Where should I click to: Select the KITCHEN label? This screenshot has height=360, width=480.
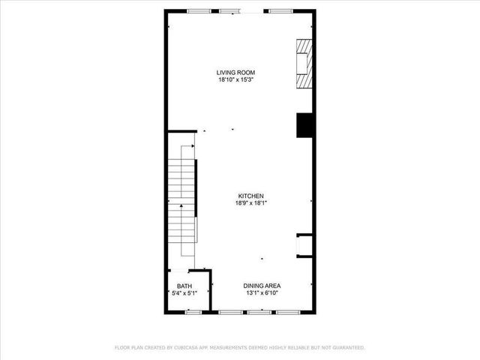click(x=250, y=195)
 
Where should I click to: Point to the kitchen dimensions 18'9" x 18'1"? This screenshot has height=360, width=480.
click(x=250, y=202)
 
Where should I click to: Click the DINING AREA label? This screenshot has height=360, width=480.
click(x=261, y=286)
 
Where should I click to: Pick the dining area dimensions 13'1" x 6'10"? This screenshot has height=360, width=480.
click(x=261, y=293)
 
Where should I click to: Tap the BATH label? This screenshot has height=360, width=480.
click(x=184, y=286)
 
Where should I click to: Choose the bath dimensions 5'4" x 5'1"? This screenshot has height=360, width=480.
click(x=184, y=293)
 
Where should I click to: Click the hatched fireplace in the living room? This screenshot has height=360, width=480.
click(x=301, y=64)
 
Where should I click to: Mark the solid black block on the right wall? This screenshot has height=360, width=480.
click(x=304, y=124)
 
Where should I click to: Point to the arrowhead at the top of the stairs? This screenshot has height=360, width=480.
click(x=192, y=147)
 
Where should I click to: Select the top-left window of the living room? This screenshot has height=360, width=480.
click(x=199, y=10)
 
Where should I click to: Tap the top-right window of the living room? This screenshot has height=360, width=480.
click(x=280, y=10)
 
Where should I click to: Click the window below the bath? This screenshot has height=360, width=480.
click(x=193, y=311)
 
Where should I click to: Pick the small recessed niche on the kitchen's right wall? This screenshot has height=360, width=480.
click(x=304, y=245)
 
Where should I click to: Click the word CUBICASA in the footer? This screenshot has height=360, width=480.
click(x=186, y=347)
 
